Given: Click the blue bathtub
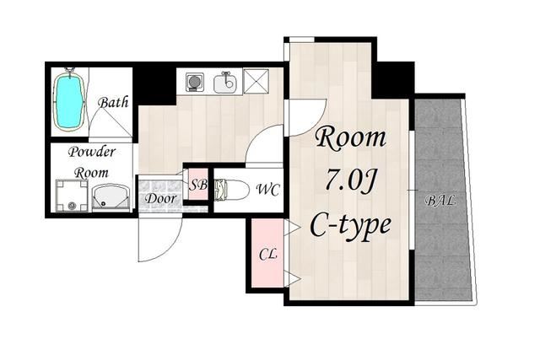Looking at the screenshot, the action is click(69, 99).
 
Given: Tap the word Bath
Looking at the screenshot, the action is click(113, 102).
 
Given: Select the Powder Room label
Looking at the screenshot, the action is click(91, 161).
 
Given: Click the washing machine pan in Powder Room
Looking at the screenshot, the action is click(72, 195).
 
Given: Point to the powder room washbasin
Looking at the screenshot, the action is click(111, 197).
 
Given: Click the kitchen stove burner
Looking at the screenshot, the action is click(195, 83).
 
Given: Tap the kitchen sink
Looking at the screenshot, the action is click(225, 83).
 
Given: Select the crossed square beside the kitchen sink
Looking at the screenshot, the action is click(256, 81).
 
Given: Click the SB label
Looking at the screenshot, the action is click(198, 185).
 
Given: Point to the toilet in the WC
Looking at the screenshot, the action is click(231, 190).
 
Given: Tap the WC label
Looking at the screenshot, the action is click(268, 190).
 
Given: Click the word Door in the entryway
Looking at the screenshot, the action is click(160, 198).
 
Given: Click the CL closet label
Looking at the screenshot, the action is click(268, 255).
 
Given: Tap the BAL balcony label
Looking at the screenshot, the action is click(440, 201).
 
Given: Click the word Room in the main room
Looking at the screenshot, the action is click(351, 138).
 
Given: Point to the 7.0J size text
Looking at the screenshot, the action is click(350, 180).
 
